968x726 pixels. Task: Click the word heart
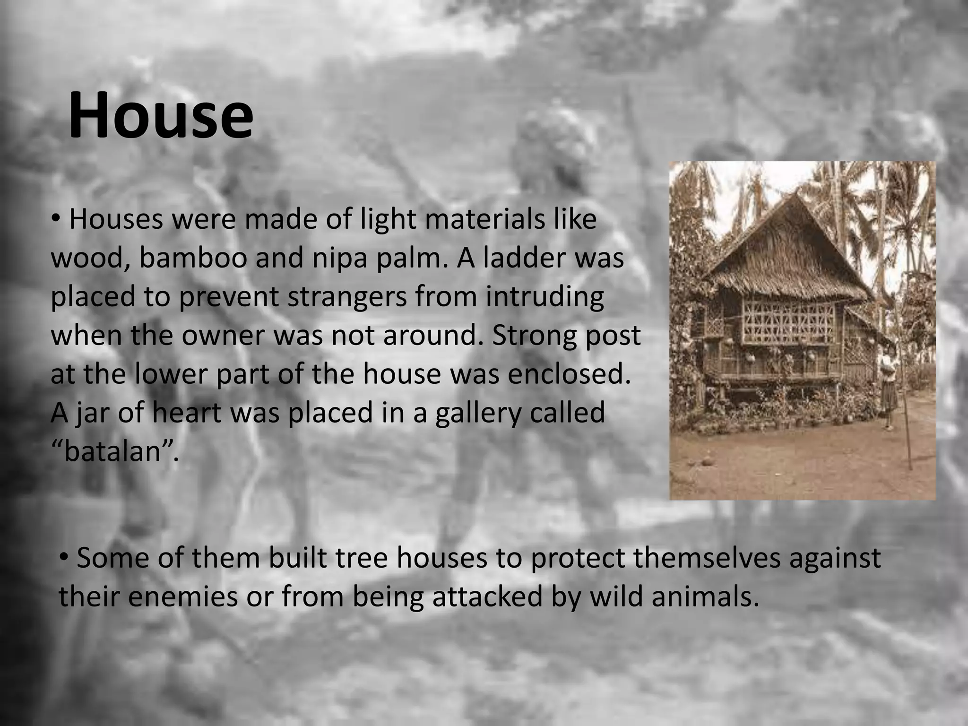pyautogui.click(x=187, y=413)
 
